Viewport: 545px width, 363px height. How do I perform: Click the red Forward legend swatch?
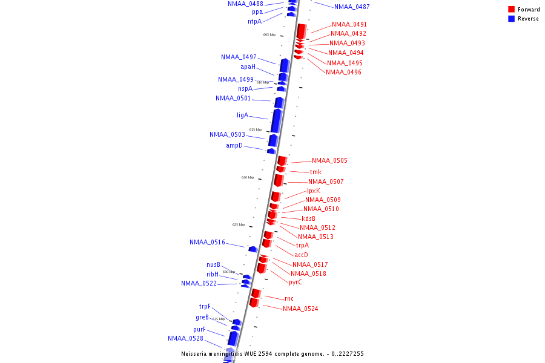(x=512, y=9)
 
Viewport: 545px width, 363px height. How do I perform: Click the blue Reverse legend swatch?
(x=512, y=19)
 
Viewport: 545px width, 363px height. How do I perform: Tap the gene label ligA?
(x=242, y=115)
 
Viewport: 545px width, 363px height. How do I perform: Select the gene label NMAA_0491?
(x=349, y=24)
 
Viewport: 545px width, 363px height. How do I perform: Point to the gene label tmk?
(x=315, y=172)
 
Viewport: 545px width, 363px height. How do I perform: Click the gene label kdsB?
(x=308, y=218)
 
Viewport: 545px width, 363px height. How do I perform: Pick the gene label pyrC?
(x=295, y=282)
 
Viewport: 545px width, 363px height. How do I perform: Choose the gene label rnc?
(x=289, y=298)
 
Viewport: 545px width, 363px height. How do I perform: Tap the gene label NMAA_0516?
(x=207, y=242)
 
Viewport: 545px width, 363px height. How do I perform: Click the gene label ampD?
(x=234, y=145)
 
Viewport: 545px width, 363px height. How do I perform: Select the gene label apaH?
(x=248, y=67)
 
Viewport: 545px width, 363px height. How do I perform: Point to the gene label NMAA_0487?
(x=352, y=7)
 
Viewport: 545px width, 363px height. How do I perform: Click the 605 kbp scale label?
(x=269, y=34)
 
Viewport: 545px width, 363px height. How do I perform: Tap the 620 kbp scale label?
(x=248, y=177)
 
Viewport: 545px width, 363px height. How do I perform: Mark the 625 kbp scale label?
(x=239, y=224)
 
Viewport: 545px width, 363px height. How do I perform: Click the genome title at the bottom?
(x=272, y=353)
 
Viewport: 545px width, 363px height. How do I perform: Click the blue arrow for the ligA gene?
(x=277, y=120)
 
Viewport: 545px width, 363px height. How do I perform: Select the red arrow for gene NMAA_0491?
(x=301, y=31)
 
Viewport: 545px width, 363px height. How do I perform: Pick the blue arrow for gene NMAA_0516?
(x=253, y=249)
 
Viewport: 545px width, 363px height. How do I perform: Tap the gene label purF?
(x=199, y=329)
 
